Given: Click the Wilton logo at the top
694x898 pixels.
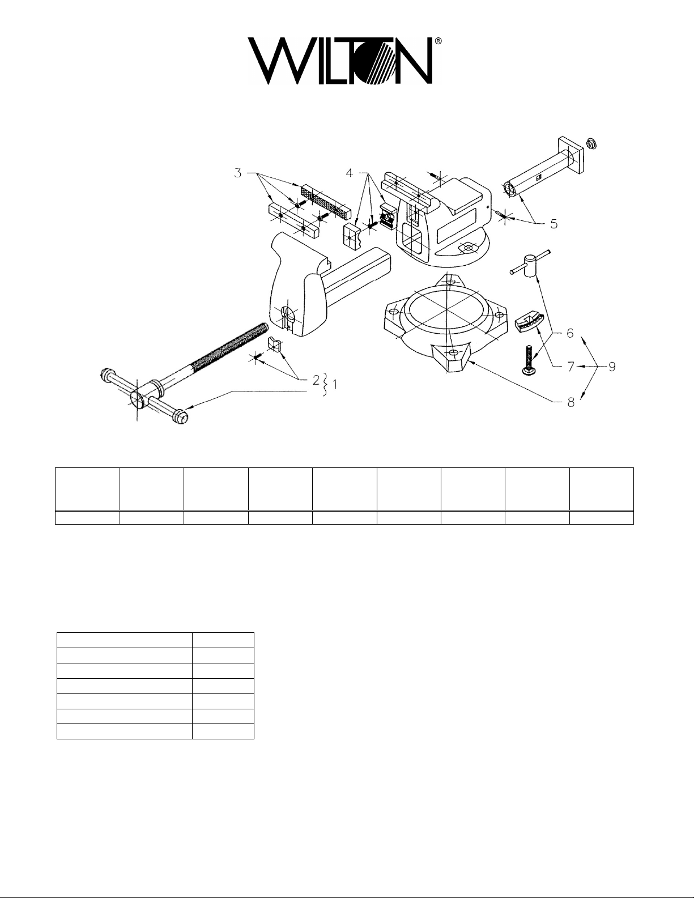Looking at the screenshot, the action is pyautogui.click(x=344, y=62).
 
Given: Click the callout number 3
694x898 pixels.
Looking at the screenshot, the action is pyautogui.click(x=238, y=173).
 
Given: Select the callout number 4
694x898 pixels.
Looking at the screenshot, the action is pyautogui.click(x=349, y=173).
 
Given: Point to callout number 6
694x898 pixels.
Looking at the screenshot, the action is pyautogui.click(x=570, y=333).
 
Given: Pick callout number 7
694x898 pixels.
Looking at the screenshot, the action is pyautogui.click(x=570, y=367).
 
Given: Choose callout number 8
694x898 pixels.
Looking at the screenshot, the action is pyautogui.click(x=570, y=402).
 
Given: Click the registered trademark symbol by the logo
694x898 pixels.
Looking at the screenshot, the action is pyautogui.click(x=438, y=41).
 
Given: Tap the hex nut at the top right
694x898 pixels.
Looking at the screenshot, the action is pyautogui.click(x=591, y=144).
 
